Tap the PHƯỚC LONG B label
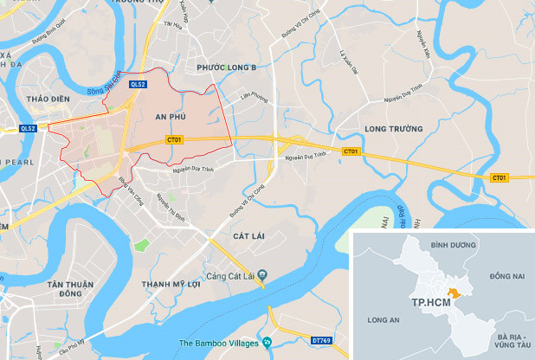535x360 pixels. (x=227, y=67)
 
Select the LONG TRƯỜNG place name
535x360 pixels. (x=393, y=129)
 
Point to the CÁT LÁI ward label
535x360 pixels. (x=248, y=235)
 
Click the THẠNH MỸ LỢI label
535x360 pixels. (x=178, y=283)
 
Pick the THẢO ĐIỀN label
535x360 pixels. (x=48, y=99)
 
